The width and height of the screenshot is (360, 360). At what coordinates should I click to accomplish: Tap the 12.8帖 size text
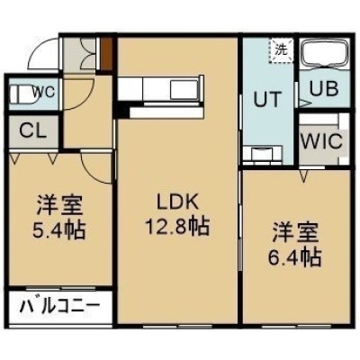click(x=177, y=227)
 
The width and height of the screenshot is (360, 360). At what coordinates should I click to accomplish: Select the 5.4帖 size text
click(x=59, y=230)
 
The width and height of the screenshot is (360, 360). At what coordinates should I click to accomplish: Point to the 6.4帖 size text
click(x=294, y=256)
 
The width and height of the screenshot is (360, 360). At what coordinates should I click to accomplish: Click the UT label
click(x=268, y=99)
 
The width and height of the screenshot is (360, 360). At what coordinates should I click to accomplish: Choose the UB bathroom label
click(x=324, y=88)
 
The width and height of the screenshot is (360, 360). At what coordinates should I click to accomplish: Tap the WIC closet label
click(x=321, y=141)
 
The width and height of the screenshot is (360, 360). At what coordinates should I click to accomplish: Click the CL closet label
click(x=33, y=130)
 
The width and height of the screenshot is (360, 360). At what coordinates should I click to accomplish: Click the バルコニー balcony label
click(x=60, y=306)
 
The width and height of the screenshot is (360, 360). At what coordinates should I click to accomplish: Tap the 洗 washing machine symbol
click(x=282, y=50)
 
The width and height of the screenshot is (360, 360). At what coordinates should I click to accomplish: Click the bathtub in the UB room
click(x=324, y=54)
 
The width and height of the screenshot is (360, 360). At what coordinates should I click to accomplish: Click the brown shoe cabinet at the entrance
click(x=106, y=54)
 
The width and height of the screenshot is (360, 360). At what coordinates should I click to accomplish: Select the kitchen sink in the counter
click(x=184, y=89)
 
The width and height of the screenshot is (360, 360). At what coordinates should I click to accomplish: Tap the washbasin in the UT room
click(x=262, y=154)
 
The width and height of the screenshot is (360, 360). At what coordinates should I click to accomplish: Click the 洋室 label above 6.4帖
click(x=295, y=233)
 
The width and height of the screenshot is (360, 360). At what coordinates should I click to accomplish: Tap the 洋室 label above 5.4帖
click(x=59, y=206)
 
